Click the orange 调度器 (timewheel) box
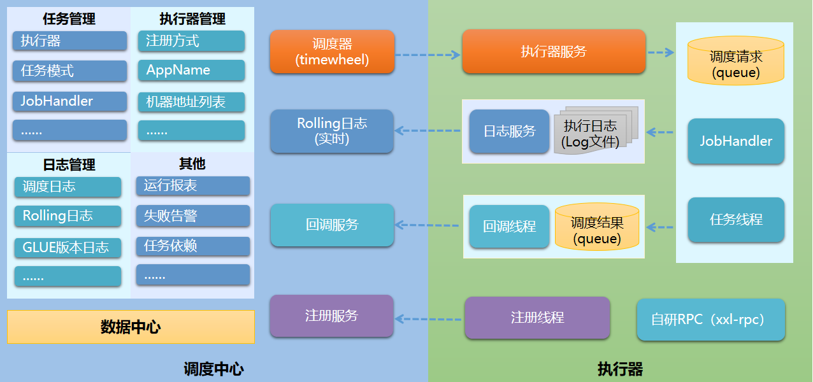pos(332,52)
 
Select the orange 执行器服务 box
pos(553,52)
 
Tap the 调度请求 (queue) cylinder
pos(736,62)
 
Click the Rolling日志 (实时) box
pos(332,131)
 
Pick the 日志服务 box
pos(509,131)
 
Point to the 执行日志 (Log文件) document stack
pos(593,132)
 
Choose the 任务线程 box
pos(736,220)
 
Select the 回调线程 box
pos(509,226)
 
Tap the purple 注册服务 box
pos(332,316)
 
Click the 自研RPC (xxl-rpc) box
pos(710,320)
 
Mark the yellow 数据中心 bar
pos(131,327)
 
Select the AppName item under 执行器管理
pos(191,70)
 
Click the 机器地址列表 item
pos(191,102)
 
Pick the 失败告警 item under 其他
pos(192,216)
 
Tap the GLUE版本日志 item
pos(68,247)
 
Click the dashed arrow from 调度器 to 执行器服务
pos(428,55)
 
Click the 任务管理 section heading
pos(69,19)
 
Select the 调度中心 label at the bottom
pos(213,369)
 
